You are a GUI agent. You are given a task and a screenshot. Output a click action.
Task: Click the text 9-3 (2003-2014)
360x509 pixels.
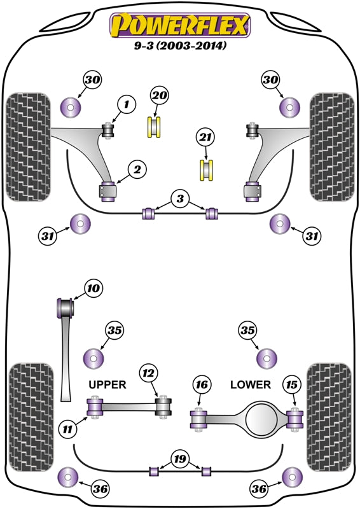click(x=181, y=46)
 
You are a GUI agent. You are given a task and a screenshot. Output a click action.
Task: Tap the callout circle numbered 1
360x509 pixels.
click(x=126, y=104)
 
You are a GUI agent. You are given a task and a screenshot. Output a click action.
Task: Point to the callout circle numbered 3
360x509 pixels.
click(x=180, y=200)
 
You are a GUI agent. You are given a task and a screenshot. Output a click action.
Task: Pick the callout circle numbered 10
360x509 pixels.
click(x=93, y=289)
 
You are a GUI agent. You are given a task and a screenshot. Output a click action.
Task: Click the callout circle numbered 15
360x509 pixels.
click(x=292, y=384)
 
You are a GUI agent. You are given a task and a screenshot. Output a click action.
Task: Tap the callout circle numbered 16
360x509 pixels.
click(x=201, y=384)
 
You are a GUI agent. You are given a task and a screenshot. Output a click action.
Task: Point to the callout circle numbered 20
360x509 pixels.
click(x=159, y=95)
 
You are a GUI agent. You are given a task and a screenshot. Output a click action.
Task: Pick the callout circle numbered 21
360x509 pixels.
click(x=204, y=137)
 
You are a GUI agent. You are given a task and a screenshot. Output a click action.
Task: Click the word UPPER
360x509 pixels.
click(x=107, y=384)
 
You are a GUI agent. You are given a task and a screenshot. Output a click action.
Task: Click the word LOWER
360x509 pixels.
click(x=250, y=384)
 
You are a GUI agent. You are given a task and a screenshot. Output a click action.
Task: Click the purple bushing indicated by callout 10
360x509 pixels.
click(x=66, y=309)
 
